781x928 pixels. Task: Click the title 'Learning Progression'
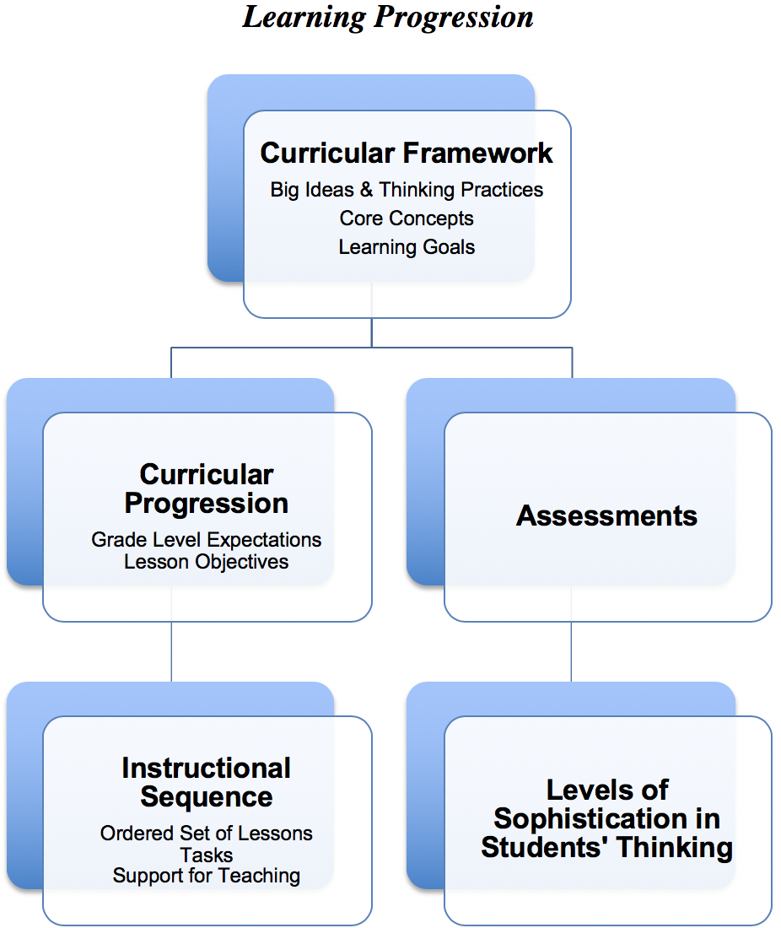click(388, 17)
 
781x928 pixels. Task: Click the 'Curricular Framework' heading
click(407, 153)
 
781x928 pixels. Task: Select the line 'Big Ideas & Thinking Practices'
click(407, 190)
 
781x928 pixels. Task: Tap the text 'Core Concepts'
click(407, 219)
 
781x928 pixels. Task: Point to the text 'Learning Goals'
click(407, 247)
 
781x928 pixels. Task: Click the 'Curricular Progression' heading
click(207, 488)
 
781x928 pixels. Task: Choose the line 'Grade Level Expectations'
click(207, 539)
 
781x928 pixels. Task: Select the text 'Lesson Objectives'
click(207, 561)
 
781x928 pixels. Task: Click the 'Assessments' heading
click(607, 515)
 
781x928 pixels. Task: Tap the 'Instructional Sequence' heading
click(207, 782)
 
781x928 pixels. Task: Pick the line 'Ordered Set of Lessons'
click(207, 834)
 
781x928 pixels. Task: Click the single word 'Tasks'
click(207, 855)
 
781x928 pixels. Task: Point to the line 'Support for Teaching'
click(207, 876)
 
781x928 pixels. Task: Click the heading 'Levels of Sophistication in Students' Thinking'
click(607, 818)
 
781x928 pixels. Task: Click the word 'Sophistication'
click(607, 818)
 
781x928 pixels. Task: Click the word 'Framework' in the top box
click(477, 153)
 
